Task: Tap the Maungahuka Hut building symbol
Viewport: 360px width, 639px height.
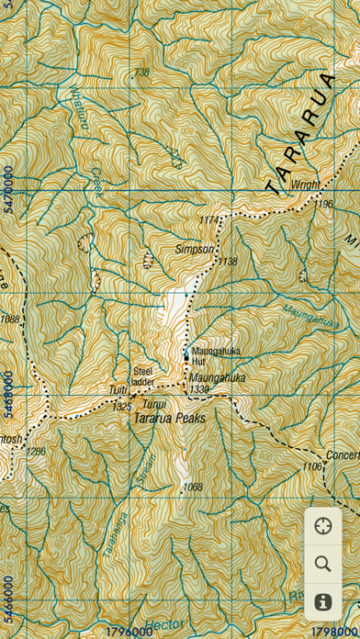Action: [186, 352]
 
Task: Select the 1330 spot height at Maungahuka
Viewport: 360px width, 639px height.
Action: [199, 390]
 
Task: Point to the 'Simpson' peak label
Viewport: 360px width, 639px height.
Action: [195, 249]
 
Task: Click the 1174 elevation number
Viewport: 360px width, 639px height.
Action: [211, 220]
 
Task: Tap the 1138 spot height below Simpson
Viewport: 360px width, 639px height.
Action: [227, 263]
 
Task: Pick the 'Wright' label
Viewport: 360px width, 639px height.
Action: [306, 185]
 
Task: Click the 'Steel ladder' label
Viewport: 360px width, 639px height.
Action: [142, 376]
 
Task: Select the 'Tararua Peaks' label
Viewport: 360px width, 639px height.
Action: [170, 418]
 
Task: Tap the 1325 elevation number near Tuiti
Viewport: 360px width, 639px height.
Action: [121, 406]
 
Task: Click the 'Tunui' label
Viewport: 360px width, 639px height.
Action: [154, 404]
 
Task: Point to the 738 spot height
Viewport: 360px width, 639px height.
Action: [141, 73]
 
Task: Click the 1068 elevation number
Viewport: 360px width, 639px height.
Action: [192, 487]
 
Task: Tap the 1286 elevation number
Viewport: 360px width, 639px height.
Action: [35, 452]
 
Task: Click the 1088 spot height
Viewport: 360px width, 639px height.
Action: [10, 319]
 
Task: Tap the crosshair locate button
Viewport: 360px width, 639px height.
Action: [322, 526]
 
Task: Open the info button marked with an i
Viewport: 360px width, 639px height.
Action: [322, 602]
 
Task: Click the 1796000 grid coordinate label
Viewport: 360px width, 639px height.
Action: [129, 632]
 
